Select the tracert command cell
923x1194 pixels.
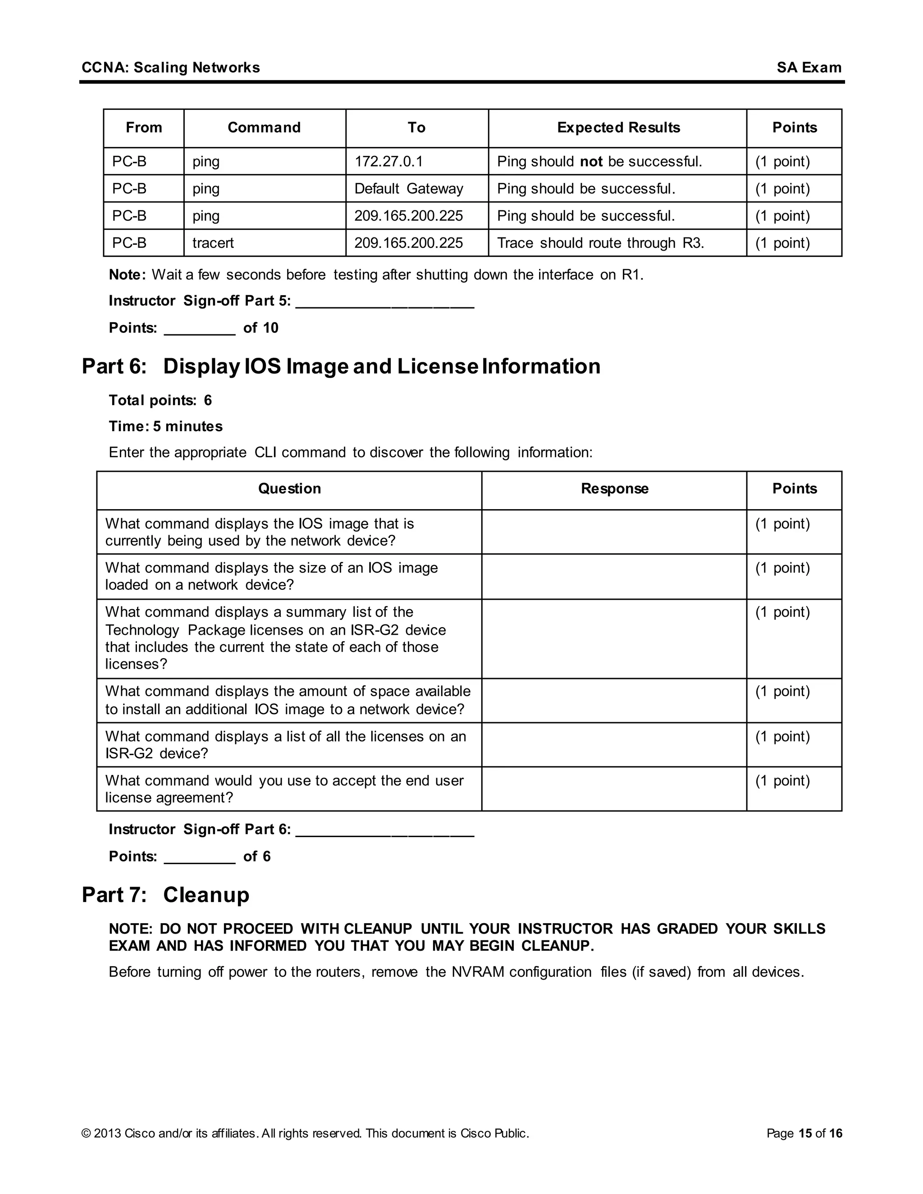213,243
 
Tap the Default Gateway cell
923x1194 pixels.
408,189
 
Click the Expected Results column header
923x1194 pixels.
618,128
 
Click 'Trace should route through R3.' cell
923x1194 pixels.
600,243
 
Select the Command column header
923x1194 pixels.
264,128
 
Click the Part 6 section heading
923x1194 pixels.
341,366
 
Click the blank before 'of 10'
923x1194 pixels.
200,330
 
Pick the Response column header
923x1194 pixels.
614,488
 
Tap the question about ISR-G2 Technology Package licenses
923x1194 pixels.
275,638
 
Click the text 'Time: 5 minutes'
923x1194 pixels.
166,426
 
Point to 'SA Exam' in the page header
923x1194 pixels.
809,68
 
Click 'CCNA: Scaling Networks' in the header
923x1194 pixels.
171,68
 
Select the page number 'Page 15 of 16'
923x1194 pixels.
804,1133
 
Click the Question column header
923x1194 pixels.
289,488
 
